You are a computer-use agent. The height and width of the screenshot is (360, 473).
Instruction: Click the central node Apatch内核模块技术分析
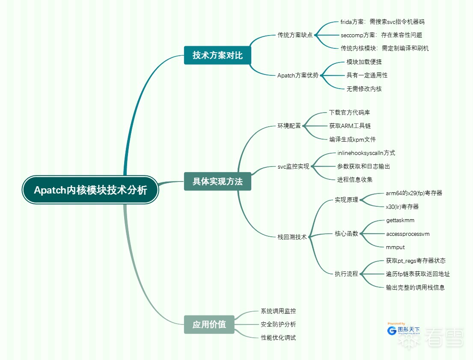[x=90, y=190]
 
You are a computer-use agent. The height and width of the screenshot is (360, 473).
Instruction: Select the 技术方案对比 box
[x=217, y=55]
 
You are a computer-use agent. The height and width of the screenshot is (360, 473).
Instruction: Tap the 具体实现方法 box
[x=217, y=181]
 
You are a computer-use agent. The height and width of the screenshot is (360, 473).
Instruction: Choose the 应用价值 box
[x=209, y=324]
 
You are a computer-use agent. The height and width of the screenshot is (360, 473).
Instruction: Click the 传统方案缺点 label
[x=295, y=35]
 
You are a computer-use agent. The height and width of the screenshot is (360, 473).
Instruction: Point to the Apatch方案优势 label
[x=298, y=75]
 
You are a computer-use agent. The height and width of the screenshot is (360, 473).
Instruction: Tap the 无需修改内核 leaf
[x=364, y=89]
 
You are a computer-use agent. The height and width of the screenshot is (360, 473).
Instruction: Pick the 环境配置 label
[x=289, y=126]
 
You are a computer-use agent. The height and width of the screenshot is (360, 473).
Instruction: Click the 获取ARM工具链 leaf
[x=350, y=126]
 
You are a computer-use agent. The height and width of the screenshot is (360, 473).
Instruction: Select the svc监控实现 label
[x=293, y=167]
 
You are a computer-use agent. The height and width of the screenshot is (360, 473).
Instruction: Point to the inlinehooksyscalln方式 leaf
[x=366, y=153]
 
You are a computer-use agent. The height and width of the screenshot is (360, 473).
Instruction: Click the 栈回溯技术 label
[x=292, y=237]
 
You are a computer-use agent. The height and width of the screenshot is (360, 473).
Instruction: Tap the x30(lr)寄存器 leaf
[x=402, y=207]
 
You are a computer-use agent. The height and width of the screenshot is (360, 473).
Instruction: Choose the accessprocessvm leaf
[x=408, y=234]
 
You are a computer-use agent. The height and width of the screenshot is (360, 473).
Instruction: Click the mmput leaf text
[x=395, y=247]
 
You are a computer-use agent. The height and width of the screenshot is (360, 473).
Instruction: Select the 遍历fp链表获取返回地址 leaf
[x=417, y=274]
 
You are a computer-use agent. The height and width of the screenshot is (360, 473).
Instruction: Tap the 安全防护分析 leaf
[x=278, y=324]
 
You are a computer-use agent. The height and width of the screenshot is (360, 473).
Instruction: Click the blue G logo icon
[x=391, y=330]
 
